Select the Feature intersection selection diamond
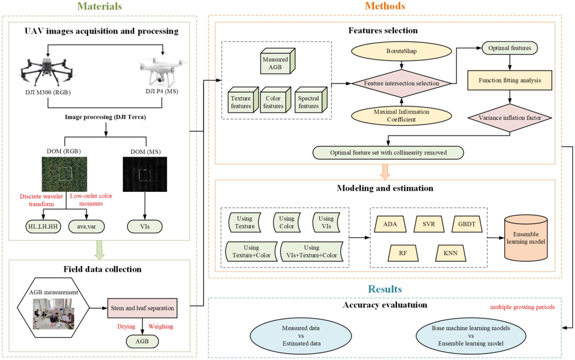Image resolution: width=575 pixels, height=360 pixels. (x=402, y=83)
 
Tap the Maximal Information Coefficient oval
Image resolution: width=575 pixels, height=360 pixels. (x=402, y=116)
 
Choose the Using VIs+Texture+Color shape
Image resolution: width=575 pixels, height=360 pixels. (x=312, y=251)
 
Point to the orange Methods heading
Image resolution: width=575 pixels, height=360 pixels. (x=385, y=6)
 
